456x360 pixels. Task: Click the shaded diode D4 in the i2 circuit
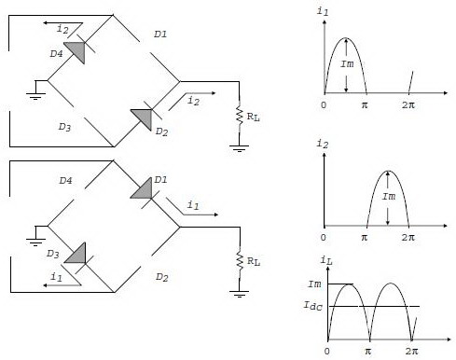pyautogui.click(x=74, y=51)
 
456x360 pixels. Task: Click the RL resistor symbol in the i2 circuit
pyautogui.click(x=240, y=118)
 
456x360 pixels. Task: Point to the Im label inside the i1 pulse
pyautogui.click(x=347, y=63)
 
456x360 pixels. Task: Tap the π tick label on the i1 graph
pyautogui.click(x=367, y=104)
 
